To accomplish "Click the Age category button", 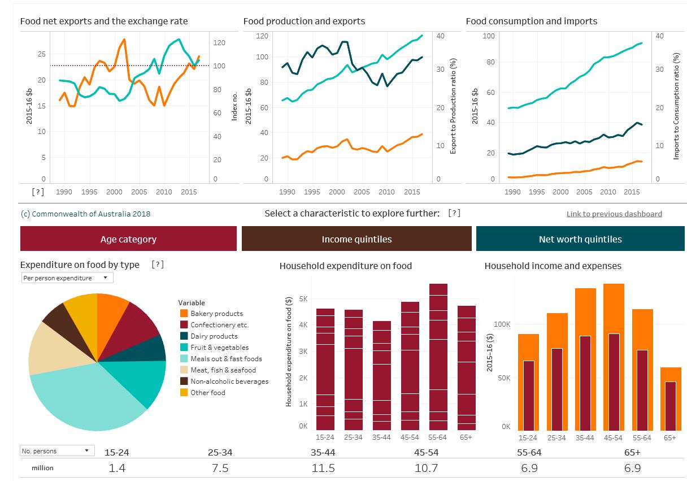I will [x=128, y=239].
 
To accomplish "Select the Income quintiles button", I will [x=356, y=239].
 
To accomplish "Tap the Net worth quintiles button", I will [x=580, y=239].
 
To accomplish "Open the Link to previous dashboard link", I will [x=614, y=214].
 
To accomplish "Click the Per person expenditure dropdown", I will [x=67, y=278].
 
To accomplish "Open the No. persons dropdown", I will [x=56, y=450].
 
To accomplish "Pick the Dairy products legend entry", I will [x=214, y=336].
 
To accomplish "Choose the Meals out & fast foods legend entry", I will [x=226, y=359].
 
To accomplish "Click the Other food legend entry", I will [x=208, y=393].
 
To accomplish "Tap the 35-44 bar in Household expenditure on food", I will [x=382, y=376].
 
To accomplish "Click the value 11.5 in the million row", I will [x=323, y=469].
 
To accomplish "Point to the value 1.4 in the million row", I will [x=117, y=469].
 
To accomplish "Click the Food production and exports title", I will [x=304, y=21].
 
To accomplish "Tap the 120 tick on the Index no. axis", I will [x=219, y=43].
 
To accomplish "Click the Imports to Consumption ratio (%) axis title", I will [x=676, y=106].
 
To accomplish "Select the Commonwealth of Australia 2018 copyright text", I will [x=85, y=214].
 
